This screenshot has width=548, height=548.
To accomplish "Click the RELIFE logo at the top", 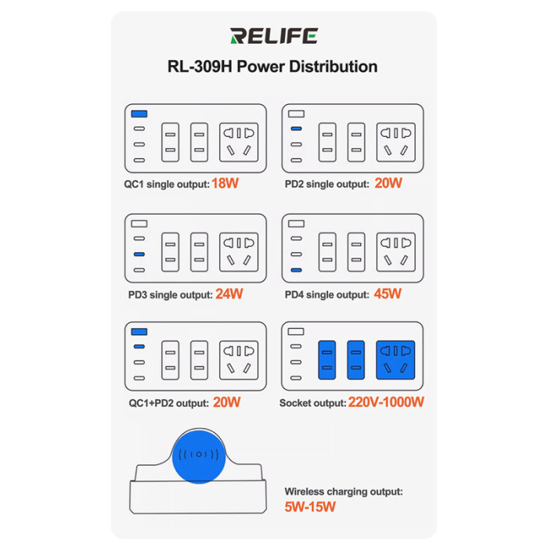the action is tap(274, 36).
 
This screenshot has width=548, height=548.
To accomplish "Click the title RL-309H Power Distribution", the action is tap(272, 67).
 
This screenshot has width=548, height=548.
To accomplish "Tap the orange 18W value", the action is tap(225, 183).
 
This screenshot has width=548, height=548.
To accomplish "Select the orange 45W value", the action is tap(388, 294).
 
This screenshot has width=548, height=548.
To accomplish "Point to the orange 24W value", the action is tap(229, 294).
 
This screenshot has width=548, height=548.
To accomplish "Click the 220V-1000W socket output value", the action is tap(386, 402).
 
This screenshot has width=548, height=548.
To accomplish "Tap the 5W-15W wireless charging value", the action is tap(310, 507).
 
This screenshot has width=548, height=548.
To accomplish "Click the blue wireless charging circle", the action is tap(199, 456).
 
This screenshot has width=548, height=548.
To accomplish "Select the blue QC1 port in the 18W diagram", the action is tap(139, 114).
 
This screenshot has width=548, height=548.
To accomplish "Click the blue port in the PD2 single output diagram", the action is tap(296, 128).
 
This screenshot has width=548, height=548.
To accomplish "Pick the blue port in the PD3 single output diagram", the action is tap(139, 254).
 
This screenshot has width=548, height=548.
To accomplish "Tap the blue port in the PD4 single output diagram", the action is tap(296, 270).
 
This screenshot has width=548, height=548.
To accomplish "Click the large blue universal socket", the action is tap(395, 360).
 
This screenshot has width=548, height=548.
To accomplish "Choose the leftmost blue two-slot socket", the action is tap(327, 360).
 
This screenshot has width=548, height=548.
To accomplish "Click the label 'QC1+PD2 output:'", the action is tap(169, 403).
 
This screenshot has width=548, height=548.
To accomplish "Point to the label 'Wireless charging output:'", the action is tap(344, 492).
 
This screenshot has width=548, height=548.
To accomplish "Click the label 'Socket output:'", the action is tap(313, 403).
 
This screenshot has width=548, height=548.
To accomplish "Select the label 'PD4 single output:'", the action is tap(326, 294).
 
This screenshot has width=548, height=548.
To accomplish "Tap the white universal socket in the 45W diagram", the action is tap(396, 252).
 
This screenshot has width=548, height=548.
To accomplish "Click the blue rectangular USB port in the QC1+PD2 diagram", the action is tap(139, 331).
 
